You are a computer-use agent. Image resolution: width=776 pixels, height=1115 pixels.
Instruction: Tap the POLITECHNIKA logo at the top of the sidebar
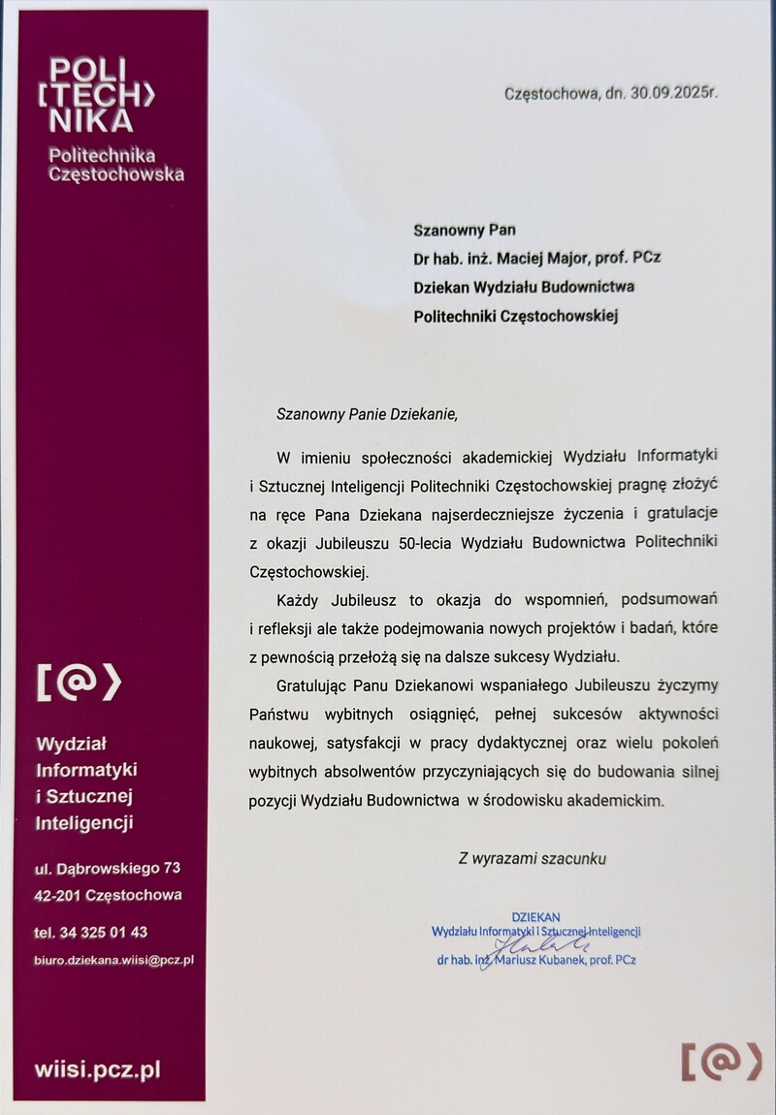(x=101, y=94)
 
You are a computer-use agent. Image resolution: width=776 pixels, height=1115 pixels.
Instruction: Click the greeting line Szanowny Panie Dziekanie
(x=366, y=412)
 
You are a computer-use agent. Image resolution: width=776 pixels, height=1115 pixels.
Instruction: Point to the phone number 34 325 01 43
(x=103, y=932)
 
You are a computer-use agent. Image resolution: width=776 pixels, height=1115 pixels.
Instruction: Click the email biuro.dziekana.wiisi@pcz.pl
(x=113, y=960)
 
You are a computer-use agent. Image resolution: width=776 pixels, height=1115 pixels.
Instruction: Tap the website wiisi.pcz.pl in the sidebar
(x=97, y=1070)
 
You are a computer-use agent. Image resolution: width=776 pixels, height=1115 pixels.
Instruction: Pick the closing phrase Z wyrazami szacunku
(x=533, y=857)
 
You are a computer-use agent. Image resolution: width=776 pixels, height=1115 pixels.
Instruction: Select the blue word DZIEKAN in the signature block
(x=535, y=916)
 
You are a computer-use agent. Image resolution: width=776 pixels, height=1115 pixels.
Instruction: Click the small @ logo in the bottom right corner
(x=720, y=1061)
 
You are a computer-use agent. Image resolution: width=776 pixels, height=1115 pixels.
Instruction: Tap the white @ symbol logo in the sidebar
(x=79, y=683)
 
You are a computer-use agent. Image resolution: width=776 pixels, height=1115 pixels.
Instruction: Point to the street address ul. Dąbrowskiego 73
(x=107, y=866)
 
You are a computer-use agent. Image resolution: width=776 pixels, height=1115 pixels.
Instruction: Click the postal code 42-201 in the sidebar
(x=56, y=895)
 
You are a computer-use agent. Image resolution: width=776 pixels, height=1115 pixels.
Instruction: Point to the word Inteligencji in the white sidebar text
(x=83, y=823)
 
